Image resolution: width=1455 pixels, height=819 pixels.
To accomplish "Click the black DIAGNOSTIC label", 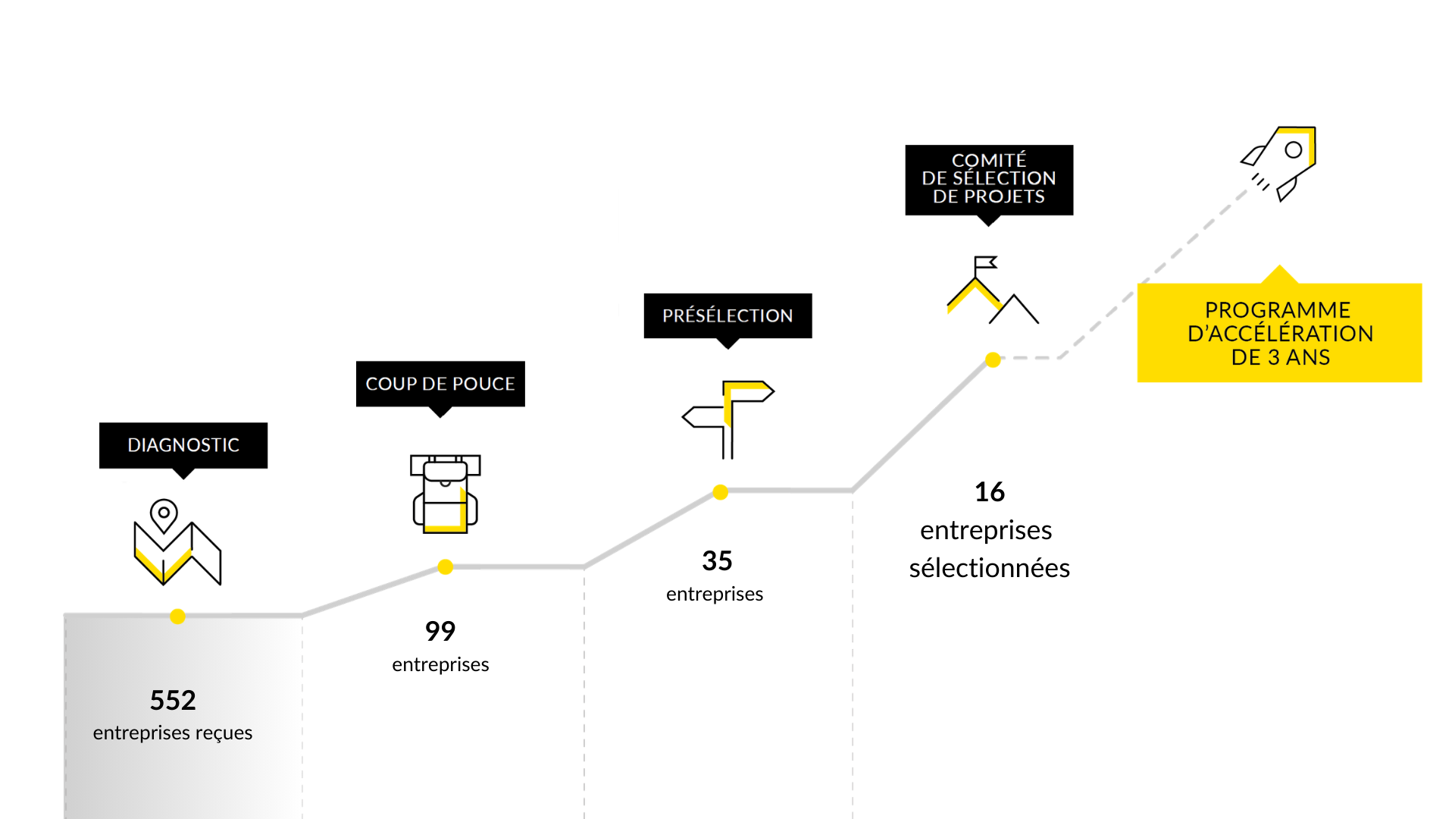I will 183,445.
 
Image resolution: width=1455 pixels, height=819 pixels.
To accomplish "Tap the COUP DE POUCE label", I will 440,384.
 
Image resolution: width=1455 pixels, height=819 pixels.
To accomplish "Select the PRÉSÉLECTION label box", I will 727,315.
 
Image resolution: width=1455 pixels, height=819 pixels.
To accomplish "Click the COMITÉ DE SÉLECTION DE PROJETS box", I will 989,179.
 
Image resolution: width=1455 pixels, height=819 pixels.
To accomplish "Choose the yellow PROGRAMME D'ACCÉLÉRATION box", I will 1279,333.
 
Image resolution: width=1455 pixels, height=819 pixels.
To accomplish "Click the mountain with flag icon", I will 992,291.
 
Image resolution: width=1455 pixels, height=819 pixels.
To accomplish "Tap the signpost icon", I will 728,419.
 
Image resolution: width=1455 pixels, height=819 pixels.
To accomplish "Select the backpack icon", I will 446,494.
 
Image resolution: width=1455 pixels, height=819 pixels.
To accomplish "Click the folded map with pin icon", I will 177,542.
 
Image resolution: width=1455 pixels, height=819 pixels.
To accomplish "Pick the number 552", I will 173,700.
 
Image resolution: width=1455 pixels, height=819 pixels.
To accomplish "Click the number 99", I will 440,631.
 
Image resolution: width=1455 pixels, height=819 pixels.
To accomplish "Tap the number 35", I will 717,561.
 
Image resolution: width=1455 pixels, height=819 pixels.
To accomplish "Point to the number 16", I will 990,492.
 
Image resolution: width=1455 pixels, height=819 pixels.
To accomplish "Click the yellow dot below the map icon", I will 178,617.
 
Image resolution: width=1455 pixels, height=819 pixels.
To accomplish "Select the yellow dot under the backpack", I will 446,567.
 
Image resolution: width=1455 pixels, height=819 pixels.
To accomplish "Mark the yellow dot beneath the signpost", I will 721,492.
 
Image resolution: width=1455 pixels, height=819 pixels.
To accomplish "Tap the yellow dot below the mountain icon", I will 993,359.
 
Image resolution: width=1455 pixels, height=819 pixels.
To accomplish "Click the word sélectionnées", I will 990,568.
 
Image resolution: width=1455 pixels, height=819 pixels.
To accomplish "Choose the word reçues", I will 224,733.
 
